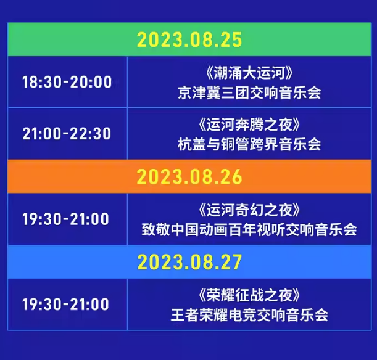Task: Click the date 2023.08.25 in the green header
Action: pyautogui.click(x=189, y=40)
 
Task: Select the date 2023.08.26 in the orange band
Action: pyautogui.click(x=189, y=177)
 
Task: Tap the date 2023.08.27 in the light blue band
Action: pyautogui.click(x=189, y=262)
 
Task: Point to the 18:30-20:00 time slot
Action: pyautogui.click(x=67, y=83)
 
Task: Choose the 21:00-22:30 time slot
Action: pyautogui.click(x=67, y=134)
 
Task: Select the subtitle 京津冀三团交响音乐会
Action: pyautogui.click(x=249, y=93)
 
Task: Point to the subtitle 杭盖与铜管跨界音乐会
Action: pyautogui.click(x=249, y=144)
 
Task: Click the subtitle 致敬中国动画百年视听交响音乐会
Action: pyautogui.click(x=249, y=230)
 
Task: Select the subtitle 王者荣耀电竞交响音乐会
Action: pyautogui.click(x=249, y=315)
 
